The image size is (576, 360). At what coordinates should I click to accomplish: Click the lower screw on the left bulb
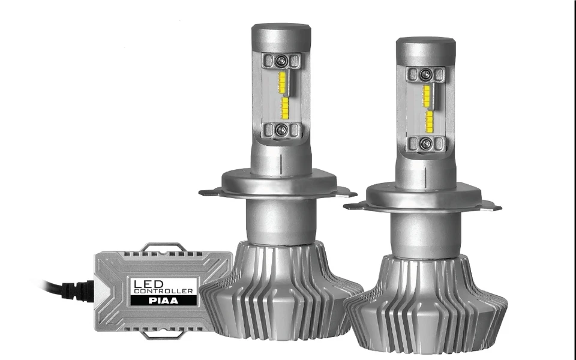[x=281, y=129]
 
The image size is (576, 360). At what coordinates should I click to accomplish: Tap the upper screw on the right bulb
[x=425, y=74]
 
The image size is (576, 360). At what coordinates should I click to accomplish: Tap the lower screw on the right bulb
[x=425, y=143]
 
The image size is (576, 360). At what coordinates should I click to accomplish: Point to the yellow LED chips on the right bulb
[x=427, y=108]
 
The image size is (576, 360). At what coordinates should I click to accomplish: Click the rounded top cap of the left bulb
[x=281, y=34]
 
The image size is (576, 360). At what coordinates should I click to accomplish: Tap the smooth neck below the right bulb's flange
[x=425, y=234]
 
